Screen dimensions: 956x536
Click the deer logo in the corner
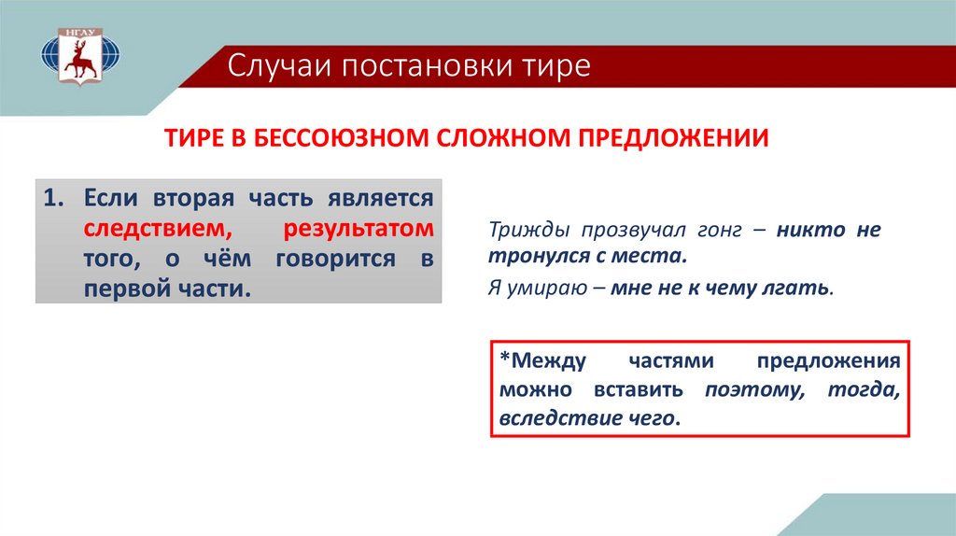coord(80,56)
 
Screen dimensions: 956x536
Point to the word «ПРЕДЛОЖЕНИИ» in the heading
coord(673,138)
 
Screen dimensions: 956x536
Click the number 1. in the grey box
coord(53,198)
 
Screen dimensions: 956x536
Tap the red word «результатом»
coord(358,230)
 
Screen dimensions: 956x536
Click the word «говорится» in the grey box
coord(336,260)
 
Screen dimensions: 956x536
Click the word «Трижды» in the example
coord(529,230)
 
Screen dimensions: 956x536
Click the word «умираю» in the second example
coord(547,288)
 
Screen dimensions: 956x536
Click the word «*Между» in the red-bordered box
coord(542,361)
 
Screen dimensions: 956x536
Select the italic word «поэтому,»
coord(754,389)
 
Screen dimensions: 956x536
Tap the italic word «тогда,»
coord(864,389)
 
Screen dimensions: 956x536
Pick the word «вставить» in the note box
coord(639,389)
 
